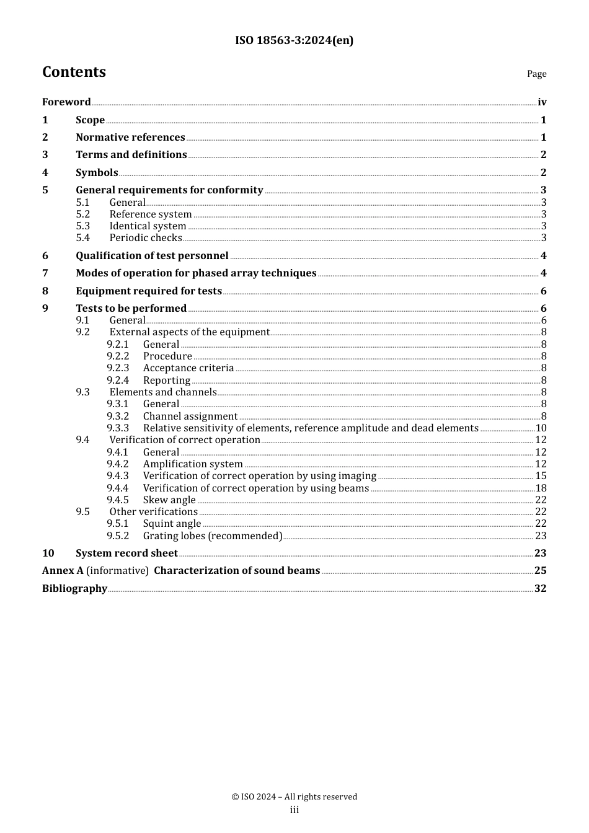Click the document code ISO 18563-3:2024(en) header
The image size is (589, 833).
coord(294,40)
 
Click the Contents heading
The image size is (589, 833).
coord(74,72)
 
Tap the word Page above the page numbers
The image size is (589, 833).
coord(536,74)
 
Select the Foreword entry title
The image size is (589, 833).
coord(66,102)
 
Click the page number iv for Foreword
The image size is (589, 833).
coord(542,102)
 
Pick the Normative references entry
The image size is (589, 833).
coord(130,138)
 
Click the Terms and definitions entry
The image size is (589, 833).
coord(131,155)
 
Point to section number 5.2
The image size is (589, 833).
coord(83,214)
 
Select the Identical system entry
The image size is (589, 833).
coord(148,226)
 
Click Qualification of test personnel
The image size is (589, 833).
coord(152,256)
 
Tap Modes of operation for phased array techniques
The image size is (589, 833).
coord(196,273)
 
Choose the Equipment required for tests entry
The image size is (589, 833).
coord(149,291)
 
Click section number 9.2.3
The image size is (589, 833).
coord(118,368)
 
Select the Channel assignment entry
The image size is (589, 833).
coord(190,416)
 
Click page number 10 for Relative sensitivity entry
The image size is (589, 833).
coord(541,428)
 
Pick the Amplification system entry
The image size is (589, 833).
coord(193,464)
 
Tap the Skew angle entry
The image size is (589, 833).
coord(169,500)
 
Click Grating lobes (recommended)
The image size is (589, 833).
coord(213,536)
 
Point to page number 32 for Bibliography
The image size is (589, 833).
coord(540,589)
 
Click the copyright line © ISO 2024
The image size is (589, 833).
coord(294,797)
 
